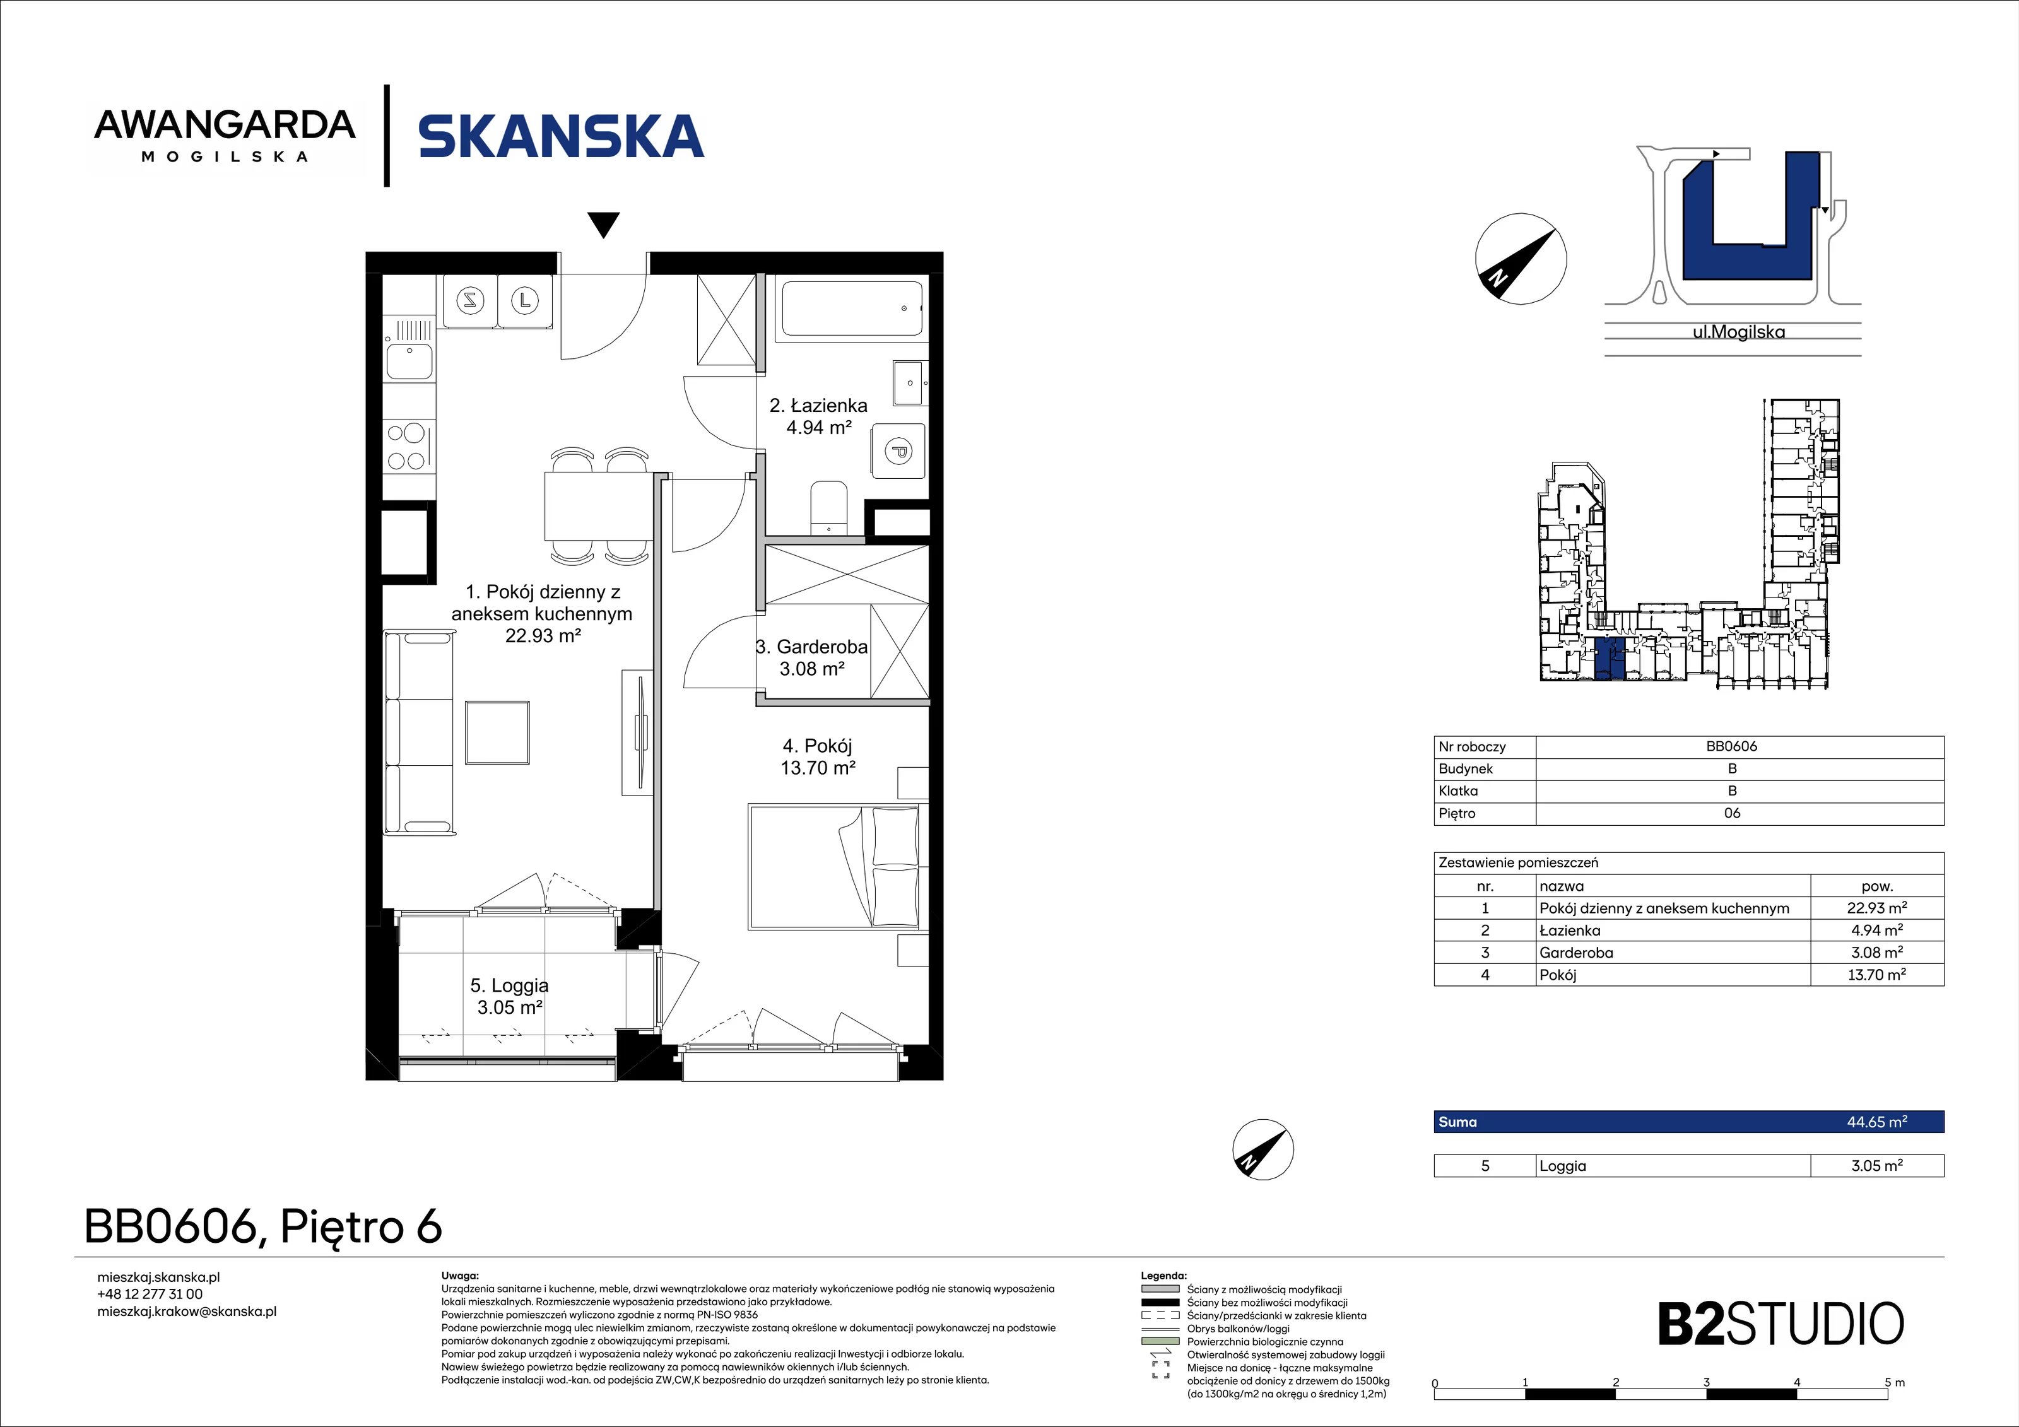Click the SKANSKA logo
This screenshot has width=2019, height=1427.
coord(561,136)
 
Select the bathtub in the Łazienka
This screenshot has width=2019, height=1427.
coord(851,308)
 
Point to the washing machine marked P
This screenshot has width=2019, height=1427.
coord(898,452)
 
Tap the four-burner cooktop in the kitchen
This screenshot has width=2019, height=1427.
coord(408,447)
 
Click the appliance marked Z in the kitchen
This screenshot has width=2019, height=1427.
coord(471,301)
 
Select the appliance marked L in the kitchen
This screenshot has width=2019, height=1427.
coord(525,301)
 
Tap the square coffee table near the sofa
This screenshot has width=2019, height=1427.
coord(498,732)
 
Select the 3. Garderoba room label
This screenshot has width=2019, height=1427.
coord(811,657)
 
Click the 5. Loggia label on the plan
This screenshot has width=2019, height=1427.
coord(509,996)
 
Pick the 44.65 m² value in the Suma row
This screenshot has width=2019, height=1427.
coord(1876,1122)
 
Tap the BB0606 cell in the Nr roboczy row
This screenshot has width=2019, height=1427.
coord(1731,746)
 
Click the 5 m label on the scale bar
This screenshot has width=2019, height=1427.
coord(1894,1383)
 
